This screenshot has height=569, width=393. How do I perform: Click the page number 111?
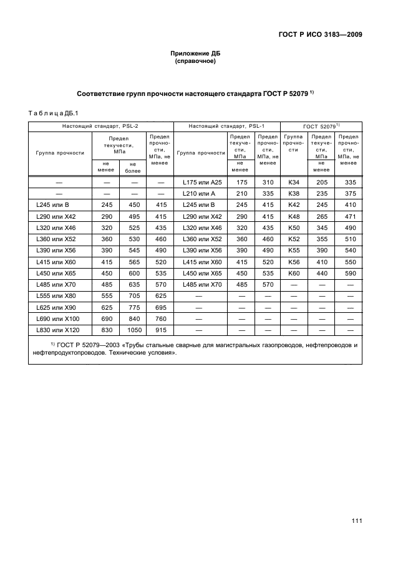(357, 522)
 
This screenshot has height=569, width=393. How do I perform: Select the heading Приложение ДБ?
(195, 54)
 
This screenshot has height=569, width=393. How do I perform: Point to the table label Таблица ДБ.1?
(52, 113)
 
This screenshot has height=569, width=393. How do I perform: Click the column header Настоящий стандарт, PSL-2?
(100, 126)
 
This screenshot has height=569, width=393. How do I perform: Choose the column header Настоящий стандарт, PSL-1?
(226, 126)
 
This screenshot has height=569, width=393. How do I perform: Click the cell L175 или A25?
(199, 182)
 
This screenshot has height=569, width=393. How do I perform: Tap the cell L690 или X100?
(60, 318)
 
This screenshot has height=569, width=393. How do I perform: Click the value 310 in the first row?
(268, 182)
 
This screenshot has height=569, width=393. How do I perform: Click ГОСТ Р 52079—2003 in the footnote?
(87, 345)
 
